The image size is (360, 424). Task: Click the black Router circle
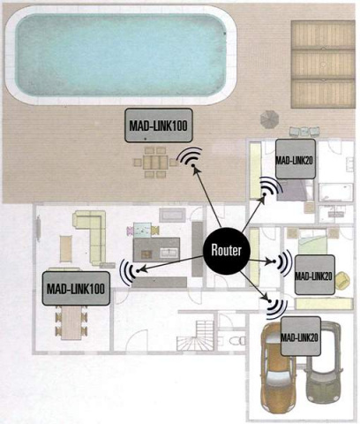coord(227,251)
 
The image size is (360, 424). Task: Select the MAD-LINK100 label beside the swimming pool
coord(159,125)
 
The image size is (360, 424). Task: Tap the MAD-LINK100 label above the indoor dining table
coord(76,289)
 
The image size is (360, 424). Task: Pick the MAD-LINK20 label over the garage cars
coord(301,337)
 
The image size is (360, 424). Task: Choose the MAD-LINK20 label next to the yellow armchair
coord(314,275)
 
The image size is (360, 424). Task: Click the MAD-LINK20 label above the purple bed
coord(296,159)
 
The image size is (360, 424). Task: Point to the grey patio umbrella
coord(269,119)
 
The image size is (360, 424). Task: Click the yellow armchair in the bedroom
coord(342,281)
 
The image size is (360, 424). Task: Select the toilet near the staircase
coord(236,341)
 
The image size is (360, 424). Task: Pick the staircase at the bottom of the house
coord(196,335)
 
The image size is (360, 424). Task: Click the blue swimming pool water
coord(121,54)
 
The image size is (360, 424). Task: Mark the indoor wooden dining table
coord(71,323)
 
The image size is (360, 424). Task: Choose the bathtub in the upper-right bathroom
coord(335,192)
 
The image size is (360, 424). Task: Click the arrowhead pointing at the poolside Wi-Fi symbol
coord(195,170)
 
